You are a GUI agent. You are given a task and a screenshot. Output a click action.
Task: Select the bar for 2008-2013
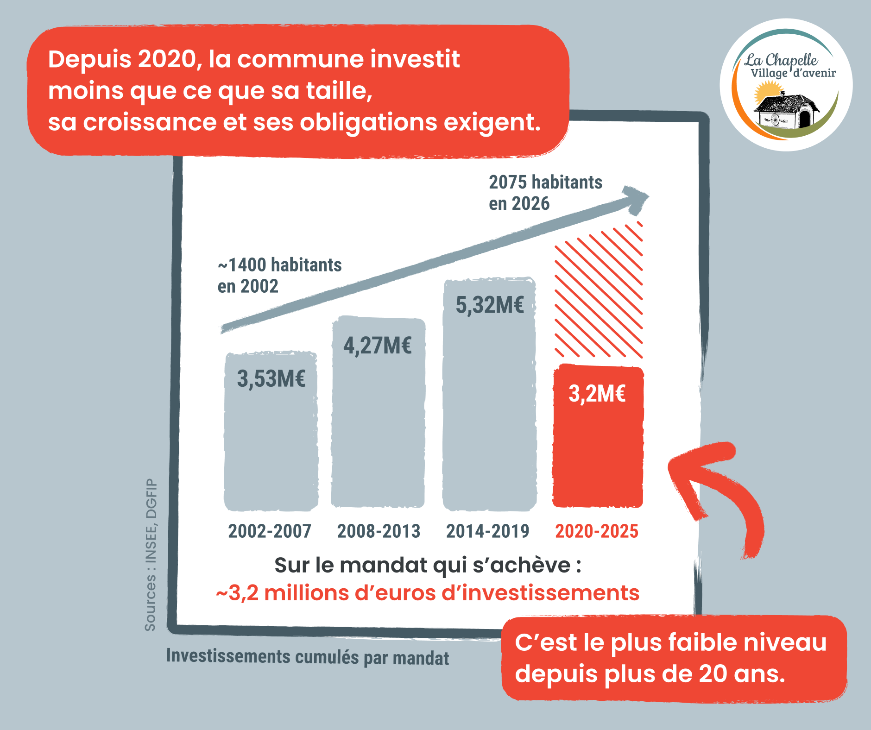tap(378, 426)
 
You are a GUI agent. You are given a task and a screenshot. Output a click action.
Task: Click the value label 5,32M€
tap(490, 305)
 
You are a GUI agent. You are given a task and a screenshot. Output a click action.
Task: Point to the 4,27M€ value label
tap(377, 346)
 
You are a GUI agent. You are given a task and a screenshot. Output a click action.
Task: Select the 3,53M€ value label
tap(271, 379)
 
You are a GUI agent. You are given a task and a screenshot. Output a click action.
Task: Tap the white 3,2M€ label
tap(597, 394)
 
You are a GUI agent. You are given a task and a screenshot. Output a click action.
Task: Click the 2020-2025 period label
tap(597, 531)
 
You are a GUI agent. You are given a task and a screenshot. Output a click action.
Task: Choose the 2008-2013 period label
tap(379, 531)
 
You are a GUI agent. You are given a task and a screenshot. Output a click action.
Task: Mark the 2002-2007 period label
tap(270, 531)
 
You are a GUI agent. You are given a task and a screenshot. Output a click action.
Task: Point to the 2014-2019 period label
tap(487, 531)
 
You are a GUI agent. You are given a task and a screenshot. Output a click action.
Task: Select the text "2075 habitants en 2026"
tap(545, 193)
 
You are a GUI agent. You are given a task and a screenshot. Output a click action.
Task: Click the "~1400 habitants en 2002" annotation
tap(279, 276)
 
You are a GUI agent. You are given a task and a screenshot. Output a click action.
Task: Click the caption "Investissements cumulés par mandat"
tap(308, 657)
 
